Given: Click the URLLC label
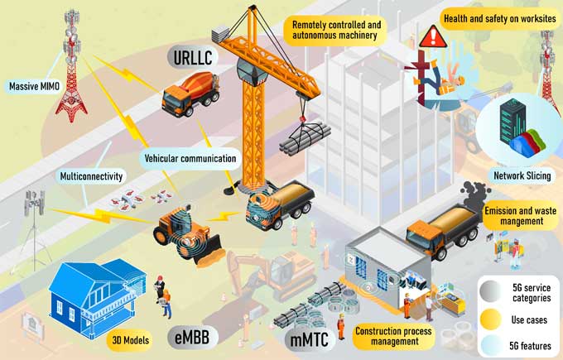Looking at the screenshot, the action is coord(193,57).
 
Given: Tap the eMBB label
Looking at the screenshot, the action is coord(193,337).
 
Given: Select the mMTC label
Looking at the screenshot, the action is coord(310,338).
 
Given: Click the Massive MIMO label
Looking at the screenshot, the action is coord(33,87).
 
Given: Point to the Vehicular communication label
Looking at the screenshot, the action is coord(190,158).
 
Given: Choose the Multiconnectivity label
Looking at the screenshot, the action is coord(91,176).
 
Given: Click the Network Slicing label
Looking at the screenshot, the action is coord(522,176).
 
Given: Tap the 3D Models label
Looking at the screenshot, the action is coord(130,340).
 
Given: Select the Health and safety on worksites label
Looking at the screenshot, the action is coord(500,19).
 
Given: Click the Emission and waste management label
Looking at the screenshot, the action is coord(521,216).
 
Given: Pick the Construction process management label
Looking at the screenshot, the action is coord(393,336).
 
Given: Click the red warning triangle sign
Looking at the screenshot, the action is coord(433,36).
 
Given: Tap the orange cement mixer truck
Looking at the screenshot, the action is coord(190,94).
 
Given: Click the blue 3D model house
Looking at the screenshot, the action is coord(98,297).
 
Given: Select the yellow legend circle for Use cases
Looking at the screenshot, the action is coord(490,319).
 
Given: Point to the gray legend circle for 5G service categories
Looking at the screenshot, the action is coord(490,291).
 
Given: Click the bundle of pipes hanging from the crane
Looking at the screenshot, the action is coord(305,138).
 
